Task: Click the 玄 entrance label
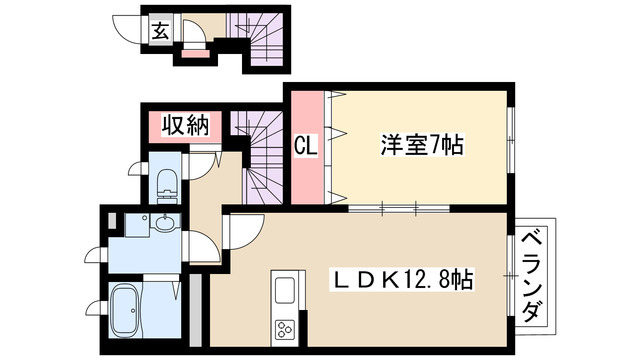pyautogui.click(x=160, y=30)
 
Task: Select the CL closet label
pyautogui.click(x=305, y=146)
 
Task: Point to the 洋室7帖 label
pyautogui.click(x=421, y=145)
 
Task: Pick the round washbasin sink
pyautogui.click(x=163, y=224)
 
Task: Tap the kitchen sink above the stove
pyautogui.click(x=284, y=291)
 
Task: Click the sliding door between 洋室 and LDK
pyautogui.click(x=386, y=209)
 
